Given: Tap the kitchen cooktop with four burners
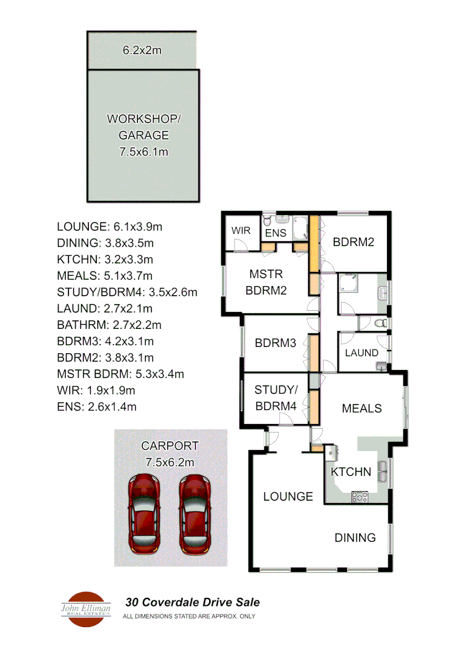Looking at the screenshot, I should [360, 496].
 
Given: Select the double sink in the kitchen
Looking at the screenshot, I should [383, 470].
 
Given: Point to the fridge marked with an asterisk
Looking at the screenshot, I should [332, 453].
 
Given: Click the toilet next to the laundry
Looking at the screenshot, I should [379, 323].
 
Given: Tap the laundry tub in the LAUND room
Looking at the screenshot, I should [380, 365].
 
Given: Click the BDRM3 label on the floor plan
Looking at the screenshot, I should [275, 343].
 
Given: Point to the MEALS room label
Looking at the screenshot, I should [362, 408].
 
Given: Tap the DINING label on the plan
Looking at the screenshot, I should [355, 538].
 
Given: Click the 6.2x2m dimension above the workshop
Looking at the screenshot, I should [142, 50].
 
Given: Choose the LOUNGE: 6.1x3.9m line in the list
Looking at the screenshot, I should [109, 227].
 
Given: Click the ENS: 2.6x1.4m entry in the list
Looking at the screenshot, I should [96, 406].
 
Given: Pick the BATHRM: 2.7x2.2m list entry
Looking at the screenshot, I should [109, 325].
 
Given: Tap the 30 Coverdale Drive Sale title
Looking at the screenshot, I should [192, 602].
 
